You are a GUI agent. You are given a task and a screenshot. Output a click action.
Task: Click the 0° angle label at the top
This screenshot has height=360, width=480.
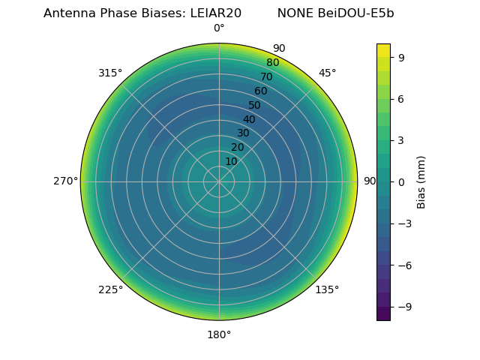click(219, 28)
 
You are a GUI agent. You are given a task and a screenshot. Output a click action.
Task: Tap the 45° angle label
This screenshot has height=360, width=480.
click(327, 73)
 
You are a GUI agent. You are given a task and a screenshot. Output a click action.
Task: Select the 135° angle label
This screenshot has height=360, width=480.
click(327, 289)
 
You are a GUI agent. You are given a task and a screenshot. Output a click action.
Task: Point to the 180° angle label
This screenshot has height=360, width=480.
click(219, 334)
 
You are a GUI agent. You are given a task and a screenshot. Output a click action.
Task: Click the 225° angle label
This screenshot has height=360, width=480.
click(110, 289)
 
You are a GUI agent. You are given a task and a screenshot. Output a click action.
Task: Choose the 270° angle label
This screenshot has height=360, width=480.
click(65, 181)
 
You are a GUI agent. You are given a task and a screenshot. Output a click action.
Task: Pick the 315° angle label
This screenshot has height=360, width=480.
click(110, 73)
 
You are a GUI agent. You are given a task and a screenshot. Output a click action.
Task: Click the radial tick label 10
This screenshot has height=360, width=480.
click(231, 161)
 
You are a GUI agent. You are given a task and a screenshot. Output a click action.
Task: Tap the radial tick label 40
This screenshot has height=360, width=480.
click(249, 119)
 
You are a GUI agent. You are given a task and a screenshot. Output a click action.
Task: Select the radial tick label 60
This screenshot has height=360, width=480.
click(261, 91)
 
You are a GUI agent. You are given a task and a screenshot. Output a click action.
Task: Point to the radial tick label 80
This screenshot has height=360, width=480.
click(273, 62)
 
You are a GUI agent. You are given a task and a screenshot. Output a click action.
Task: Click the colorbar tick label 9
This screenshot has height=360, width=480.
click(402, 57)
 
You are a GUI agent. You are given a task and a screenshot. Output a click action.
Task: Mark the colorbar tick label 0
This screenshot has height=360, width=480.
click(402, 181)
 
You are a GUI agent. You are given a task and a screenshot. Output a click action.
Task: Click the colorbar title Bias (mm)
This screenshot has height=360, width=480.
click(421, 181)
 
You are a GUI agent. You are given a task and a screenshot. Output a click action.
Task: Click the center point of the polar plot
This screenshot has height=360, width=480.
click(219, 181)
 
